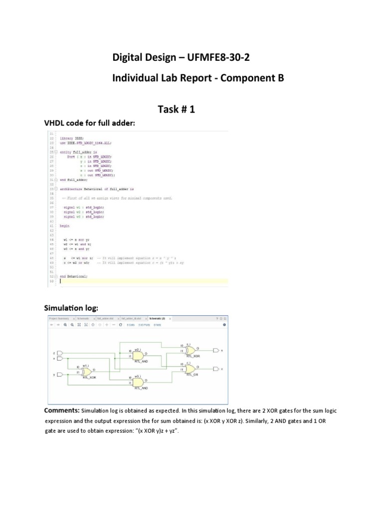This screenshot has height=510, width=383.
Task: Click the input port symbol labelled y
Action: coord(61,374)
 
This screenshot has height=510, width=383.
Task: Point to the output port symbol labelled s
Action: coord(215,351)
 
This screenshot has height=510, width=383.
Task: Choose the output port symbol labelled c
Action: coord(215,369)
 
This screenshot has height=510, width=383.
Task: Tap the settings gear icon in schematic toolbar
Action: coord(224,324)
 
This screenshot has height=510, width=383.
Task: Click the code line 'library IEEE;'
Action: coord(72,138)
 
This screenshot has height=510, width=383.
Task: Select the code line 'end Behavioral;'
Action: coord(73,275)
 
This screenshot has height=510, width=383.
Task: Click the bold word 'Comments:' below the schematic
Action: coord(62,410)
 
